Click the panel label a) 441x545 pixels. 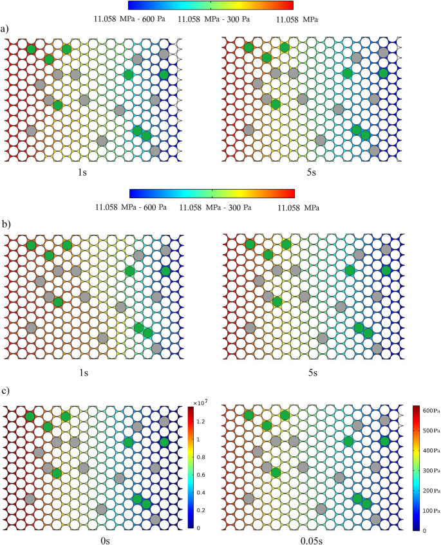click(x=5, y=29)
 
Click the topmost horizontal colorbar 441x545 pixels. click(x=211, y=5)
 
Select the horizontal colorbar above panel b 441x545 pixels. click(x=211, y=193)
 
